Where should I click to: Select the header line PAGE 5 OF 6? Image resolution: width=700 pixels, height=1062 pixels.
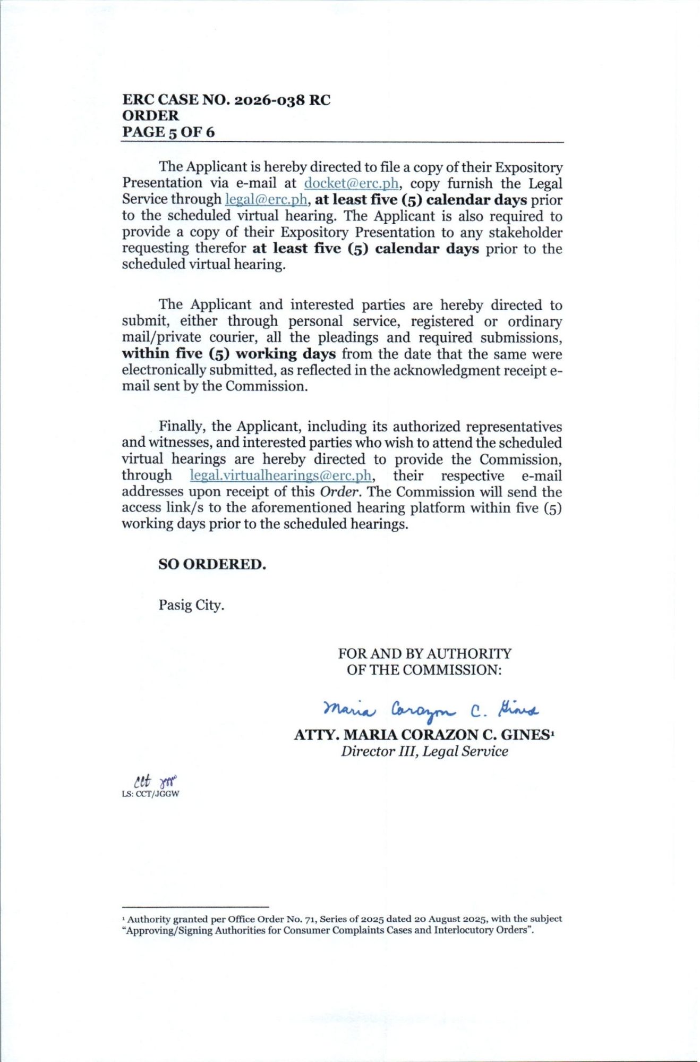tap(168, 132)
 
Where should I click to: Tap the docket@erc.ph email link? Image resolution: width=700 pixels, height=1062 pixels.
tap(351, 183)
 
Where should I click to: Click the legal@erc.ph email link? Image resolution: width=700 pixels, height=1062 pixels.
tap(266, 200)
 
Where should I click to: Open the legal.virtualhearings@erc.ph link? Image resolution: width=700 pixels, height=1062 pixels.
tap(280, 475)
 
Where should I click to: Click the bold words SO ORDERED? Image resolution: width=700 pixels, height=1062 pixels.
tap(212, 564)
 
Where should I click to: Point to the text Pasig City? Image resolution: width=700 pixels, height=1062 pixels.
tap(191, 605)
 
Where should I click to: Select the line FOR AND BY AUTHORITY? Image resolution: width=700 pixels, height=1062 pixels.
tap(424, 653)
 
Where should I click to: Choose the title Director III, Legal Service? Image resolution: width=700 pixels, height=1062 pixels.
tap(424, 751)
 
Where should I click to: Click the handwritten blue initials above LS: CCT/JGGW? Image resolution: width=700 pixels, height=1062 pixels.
tap(155, 780)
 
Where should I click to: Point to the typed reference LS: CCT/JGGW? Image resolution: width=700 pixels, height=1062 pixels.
tap(150, 794)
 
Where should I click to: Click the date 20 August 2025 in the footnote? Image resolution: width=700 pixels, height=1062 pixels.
tap(451, 919)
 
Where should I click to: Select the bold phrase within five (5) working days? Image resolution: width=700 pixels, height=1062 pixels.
tap(228, 354)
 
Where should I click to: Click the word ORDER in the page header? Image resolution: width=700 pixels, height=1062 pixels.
tap(151, 116)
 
